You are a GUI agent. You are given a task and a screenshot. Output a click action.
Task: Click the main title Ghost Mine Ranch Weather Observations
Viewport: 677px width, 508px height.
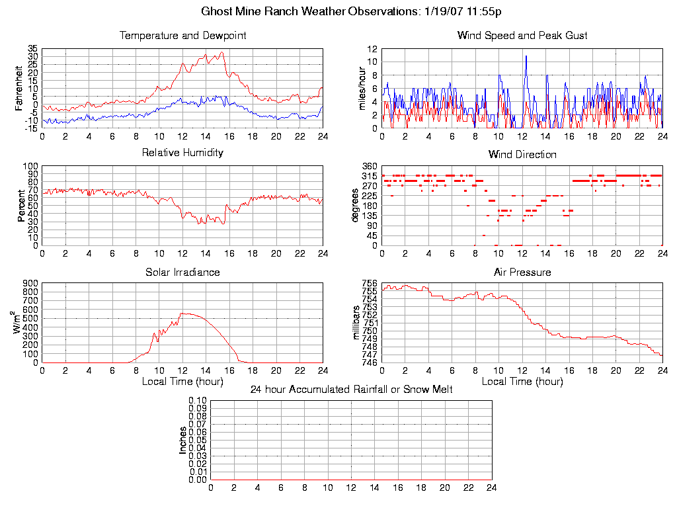coord(351,12)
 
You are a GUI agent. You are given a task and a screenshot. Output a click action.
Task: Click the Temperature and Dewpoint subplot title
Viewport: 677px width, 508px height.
coord(182,36)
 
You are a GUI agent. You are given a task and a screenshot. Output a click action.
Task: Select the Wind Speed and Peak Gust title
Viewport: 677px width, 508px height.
coord(522,36)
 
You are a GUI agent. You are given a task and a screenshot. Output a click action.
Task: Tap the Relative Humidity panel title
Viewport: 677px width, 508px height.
coord(182,153)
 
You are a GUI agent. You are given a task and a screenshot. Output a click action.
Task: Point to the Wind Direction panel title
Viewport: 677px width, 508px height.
coord(522,155)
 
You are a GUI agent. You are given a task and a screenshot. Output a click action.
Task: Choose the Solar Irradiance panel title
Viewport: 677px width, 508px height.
coord(182,273)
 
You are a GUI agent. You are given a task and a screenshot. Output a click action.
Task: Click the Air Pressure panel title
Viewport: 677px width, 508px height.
coord(522,273)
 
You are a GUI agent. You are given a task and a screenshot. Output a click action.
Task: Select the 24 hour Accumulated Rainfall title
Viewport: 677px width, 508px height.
coord(351,390)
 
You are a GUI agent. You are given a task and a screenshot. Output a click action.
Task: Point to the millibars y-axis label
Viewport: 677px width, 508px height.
coord(356,323)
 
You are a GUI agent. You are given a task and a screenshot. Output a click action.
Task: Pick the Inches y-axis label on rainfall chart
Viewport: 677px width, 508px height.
coord(182,440)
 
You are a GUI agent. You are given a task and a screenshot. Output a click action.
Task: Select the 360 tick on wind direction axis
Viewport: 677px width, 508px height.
coord(369,166)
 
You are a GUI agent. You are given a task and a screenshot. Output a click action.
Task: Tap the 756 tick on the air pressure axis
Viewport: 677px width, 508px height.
coord(369,284)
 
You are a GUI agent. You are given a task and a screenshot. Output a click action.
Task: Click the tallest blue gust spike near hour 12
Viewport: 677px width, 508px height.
coord(526,56)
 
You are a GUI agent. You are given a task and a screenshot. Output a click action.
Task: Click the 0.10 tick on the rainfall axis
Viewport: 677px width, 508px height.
coord(198,401)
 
